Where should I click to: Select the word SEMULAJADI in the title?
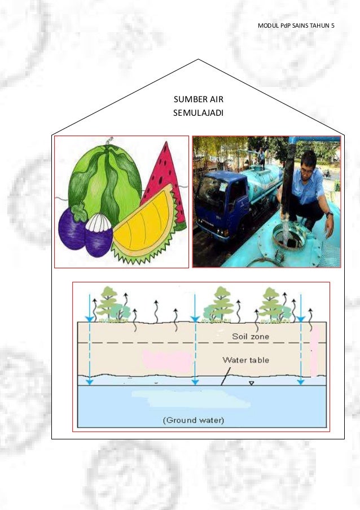point(198,113)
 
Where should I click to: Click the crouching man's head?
point(308,162)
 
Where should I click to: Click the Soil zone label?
point(251,337)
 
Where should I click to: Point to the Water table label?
point(245,360)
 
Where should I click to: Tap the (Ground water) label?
point(194,420)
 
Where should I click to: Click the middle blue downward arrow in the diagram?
point(194,339)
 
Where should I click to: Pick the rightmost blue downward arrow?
point(301,339)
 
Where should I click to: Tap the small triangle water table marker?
point(252,383)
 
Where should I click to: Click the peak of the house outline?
point(198,59)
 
